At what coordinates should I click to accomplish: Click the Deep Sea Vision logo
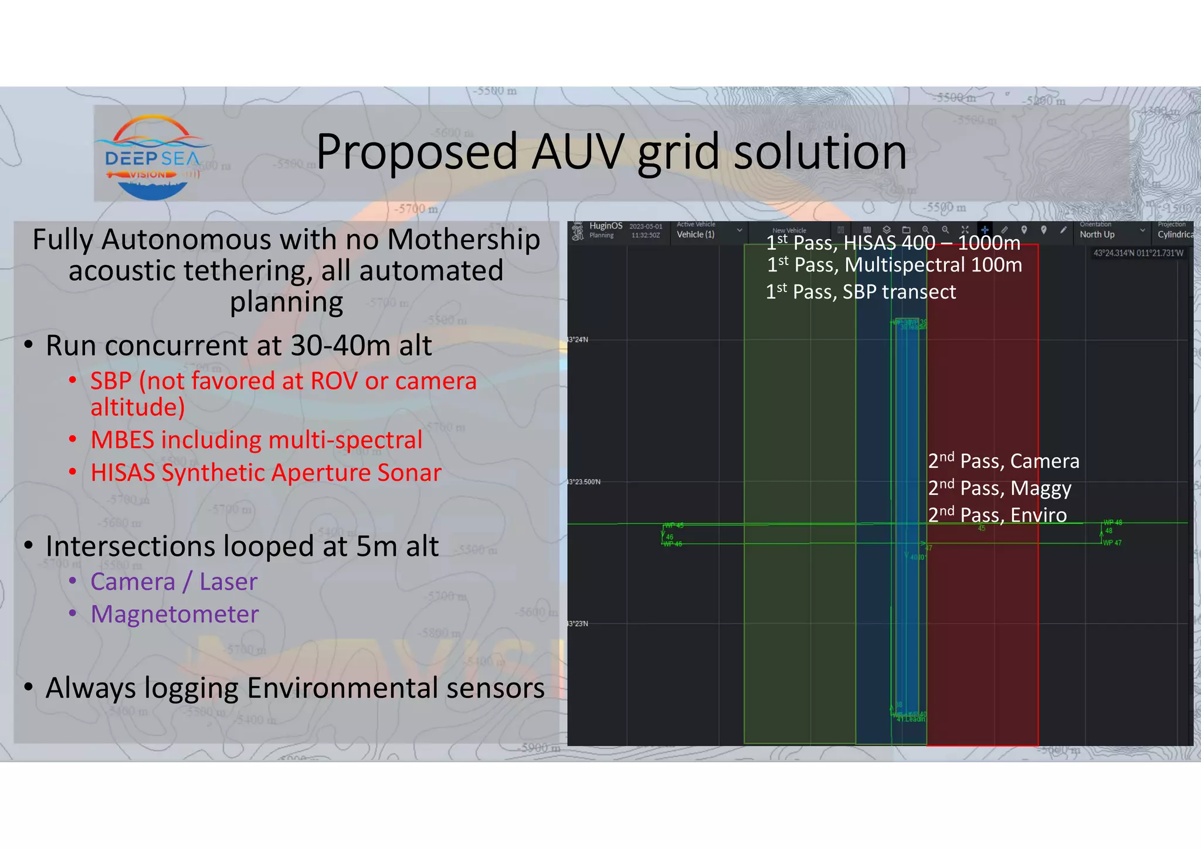click(x=152, y=157)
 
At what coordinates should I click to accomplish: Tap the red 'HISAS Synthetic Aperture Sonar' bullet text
click(x=266, y=473)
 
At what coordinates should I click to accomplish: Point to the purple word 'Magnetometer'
click(x=175, y=614)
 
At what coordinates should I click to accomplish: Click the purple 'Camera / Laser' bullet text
click(x=174, y=582)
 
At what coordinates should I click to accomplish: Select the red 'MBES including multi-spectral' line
click(x=256, y=440)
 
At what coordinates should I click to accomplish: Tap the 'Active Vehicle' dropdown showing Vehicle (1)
click(x=708, y=231)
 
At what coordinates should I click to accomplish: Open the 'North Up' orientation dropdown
click(x=1111, y=231)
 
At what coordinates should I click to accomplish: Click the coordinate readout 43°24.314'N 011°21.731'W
click(x=1138, y=253)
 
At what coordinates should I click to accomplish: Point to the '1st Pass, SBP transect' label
click(x=860, y=292)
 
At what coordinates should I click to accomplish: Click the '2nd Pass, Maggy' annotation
click(x=999, y=488)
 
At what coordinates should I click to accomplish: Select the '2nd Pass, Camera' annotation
click(x=1003, y=461)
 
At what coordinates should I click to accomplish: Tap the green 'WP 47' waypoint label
click(x=1112, y=543)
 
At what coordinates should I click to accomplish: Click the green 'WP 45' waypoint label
click(x=674, y=525)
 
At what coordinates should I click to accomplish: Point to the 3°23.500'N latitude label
click(x=584, y=482)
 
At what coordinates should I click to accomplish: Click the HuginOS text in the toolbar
click(x=606, y=226)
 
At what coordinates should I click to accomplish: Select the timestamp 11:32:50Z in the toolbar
click(x=646, y=236)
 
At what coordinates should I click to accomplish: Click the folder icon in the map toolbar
click(x=906, y=230)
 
